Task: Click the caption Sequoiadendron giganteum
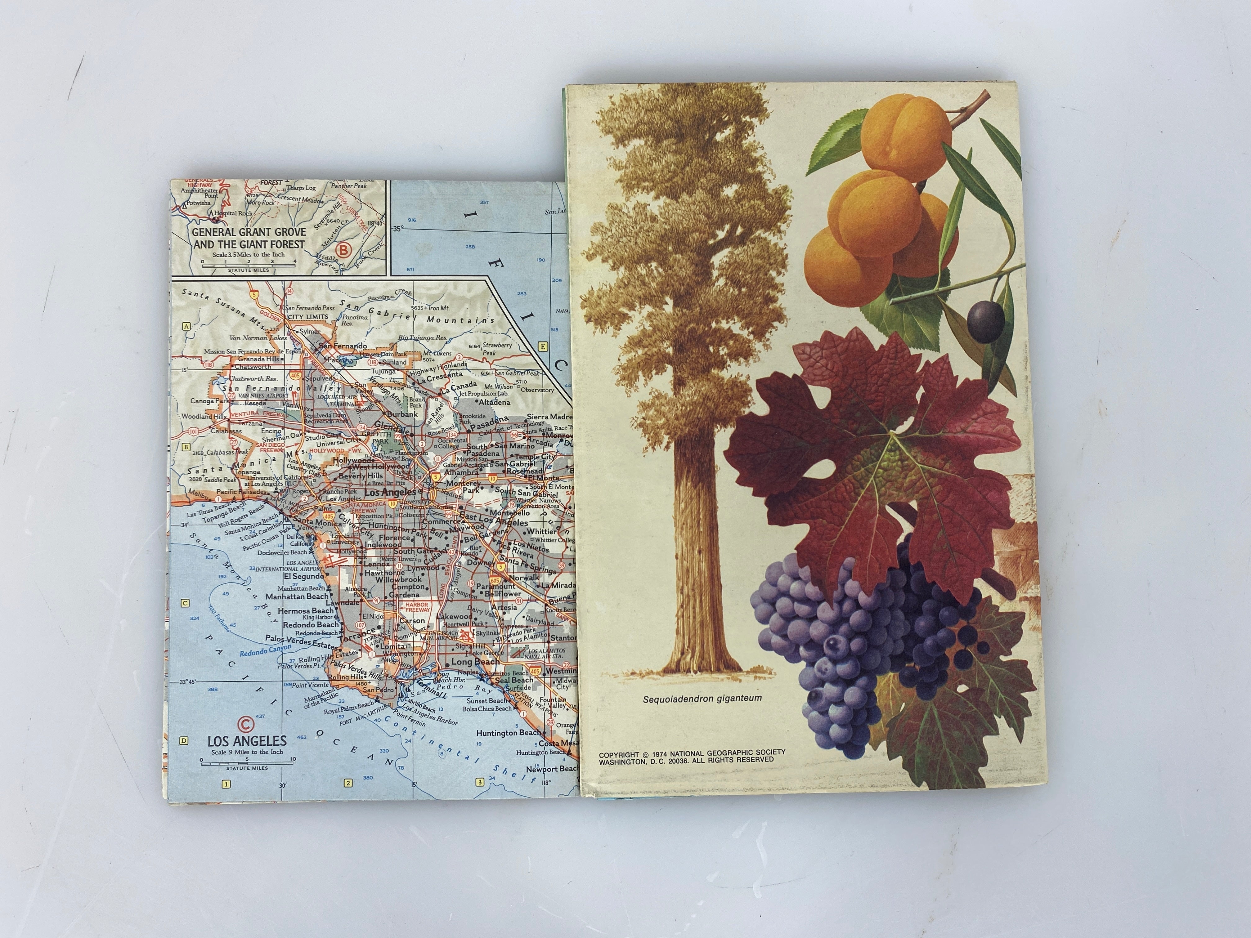[702, 698]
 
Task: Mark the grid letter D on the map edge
[184, 741]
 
